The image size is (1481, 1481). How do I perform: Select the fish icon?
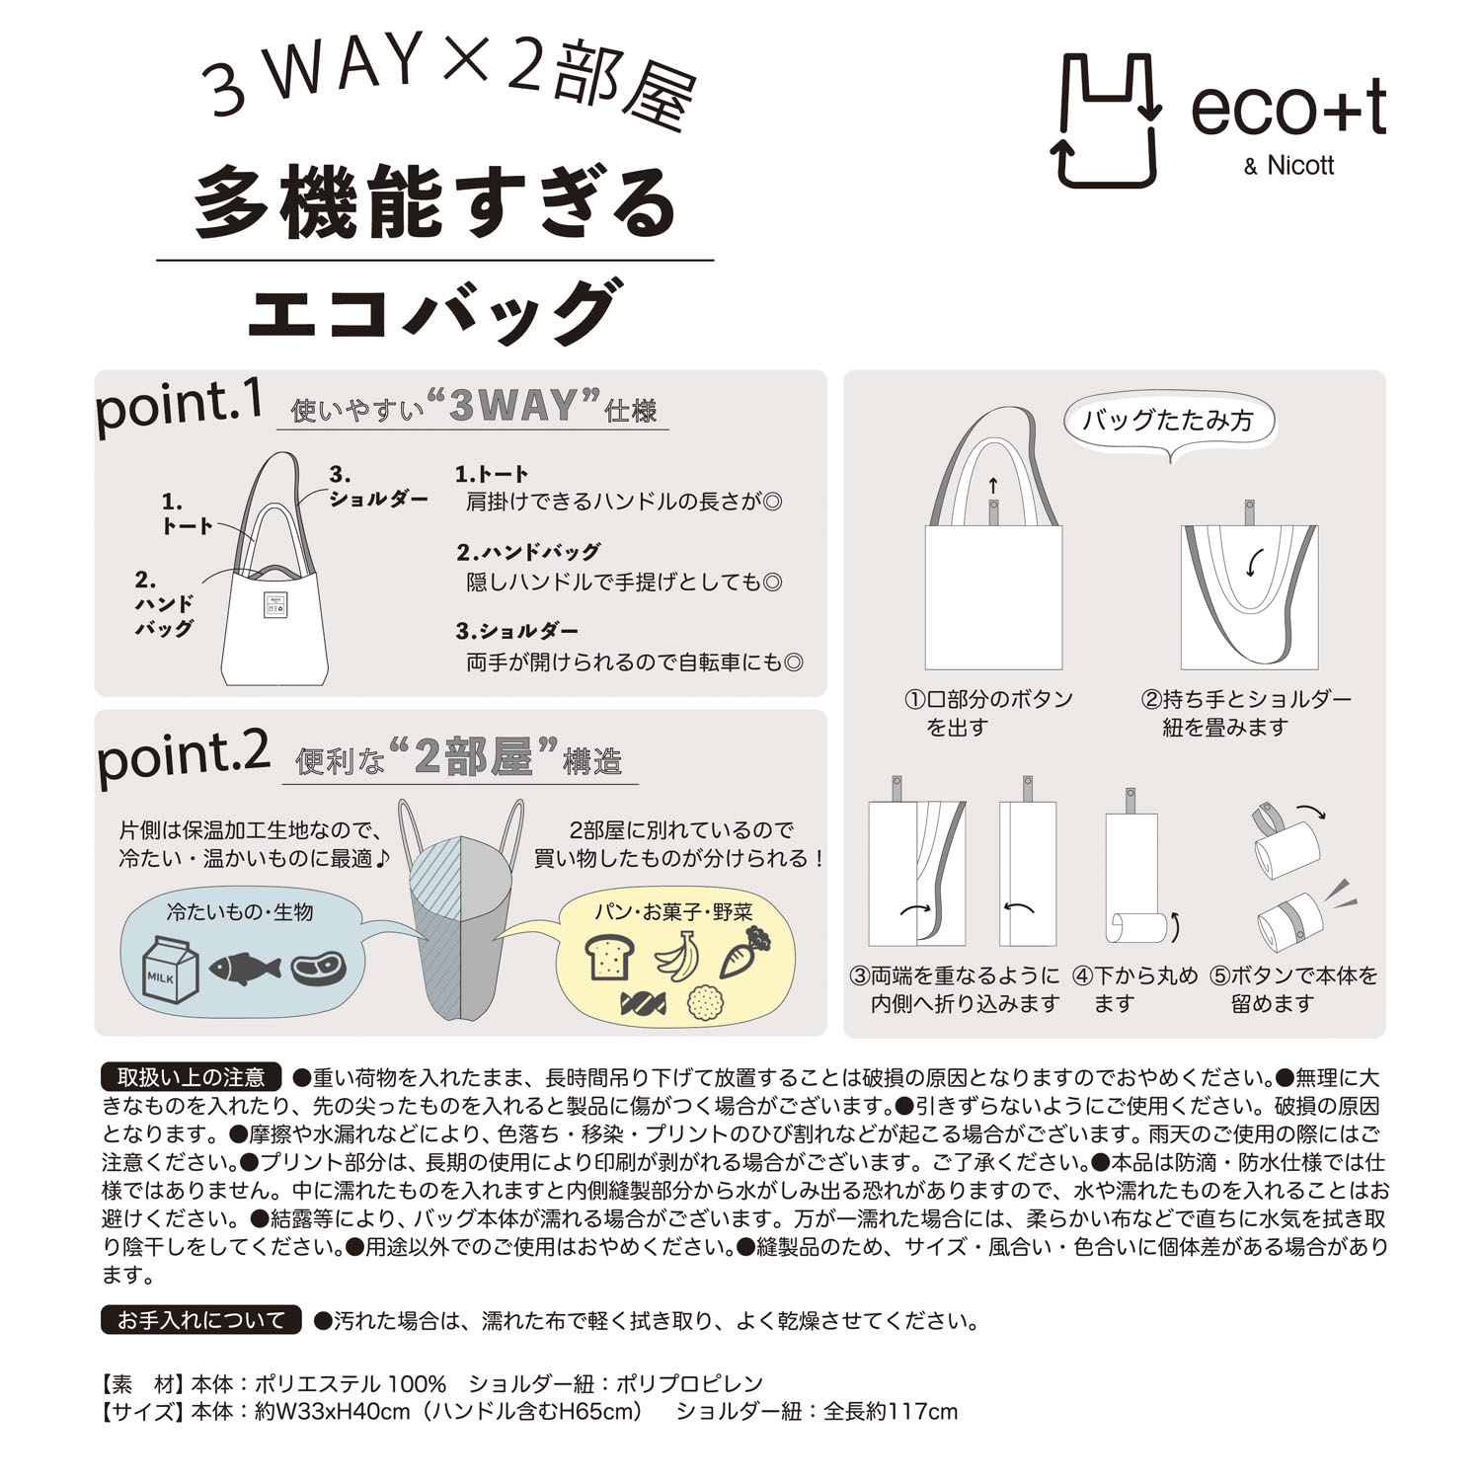[245, 969]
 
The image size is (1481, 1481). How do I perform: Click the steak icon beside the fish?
[319, 968]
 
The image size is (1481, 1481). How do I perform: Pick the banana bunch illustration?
[677, 957]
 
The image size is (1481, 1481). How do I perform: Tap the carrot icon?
[745, 952]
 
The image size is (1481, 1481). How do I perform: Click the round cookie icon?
[706, 1004]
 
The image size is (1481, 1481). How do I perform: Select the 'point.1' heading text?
[179, 405]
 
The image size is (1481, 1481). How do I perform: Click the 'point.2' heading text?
[183, 757]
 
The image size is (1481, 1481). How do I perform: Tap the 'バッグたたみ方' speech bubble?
[1168, 422]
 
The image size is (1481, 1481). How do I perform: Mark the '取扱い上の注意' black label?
[192, 1077]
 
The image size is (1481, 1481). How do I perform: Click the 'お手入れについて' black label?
[200, 1320]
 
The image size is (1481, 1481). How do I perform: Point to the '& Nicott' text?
[1288, 166]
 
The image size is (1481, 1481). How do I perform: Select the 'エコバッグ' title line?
[434, 311]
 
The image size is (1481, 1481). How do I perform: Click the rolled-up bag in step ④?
[1135, 928]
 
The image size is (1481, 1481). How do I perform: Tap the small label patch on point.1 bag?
[273, 605]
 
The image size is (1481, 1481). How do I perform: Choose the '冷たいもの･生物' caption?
[240, 911]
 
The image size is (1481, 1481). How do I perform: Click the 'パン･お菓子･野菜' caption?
[673, 911]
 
